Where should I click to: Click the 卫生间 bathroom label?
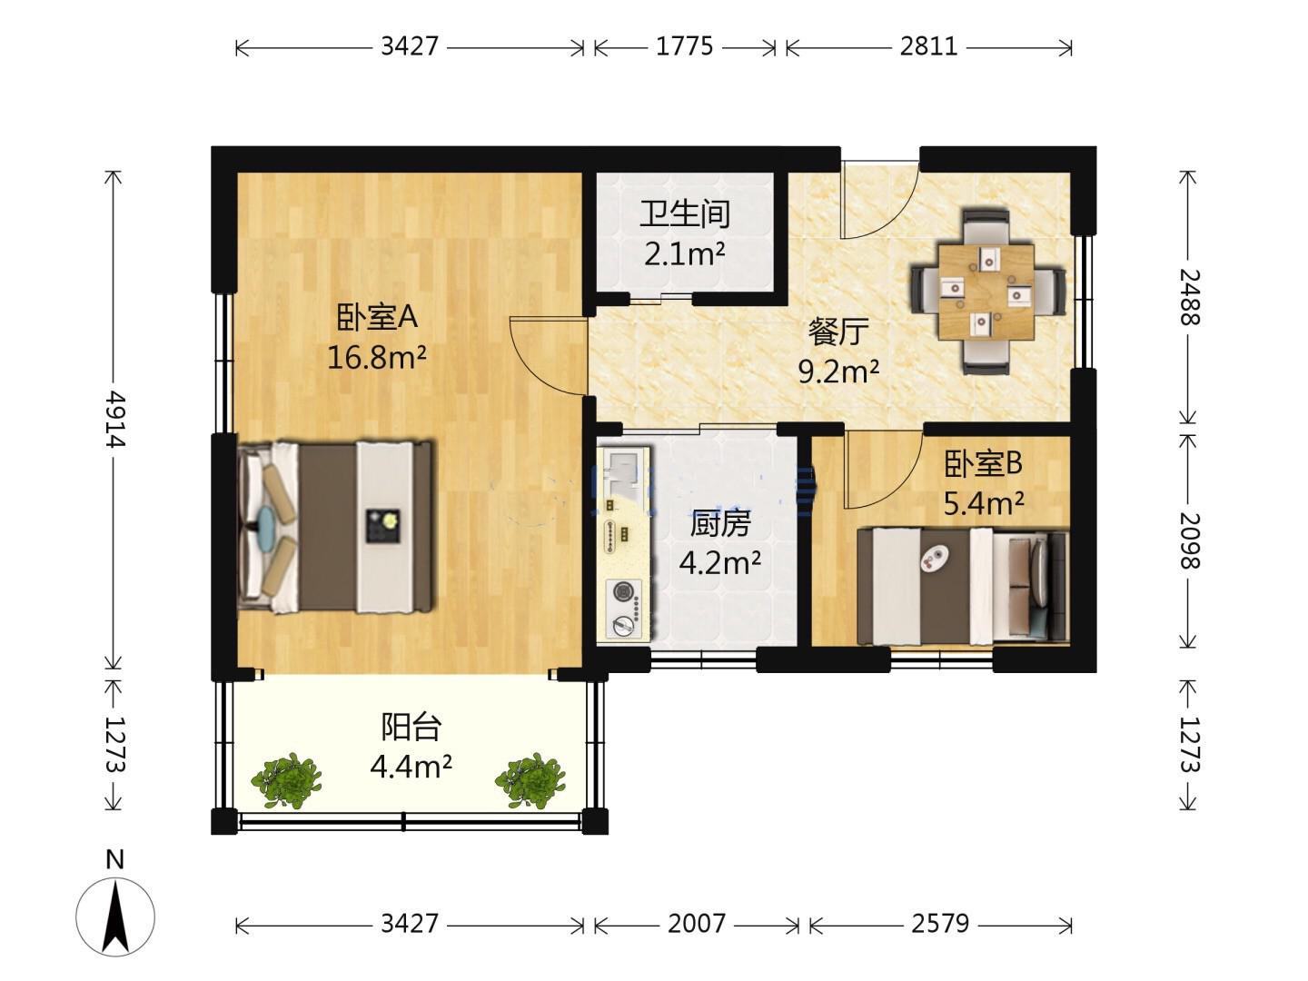point(685,213)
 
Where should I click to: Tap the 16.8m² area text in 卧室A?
point(377,357)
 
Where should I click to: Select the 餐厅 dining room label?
point(837,332)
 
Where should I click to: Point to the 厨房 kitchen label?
point(719,523)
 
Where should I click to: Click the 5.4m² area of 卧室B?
point(984,503)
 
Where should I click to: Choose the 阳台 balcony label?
point(411,727)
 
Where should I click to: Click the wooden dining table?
point(986,291)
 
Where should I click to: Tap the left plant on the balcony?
point(286,780)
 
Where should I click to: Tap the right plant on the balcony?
point(530,780)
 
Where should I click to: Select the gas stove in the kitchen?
point(624,609)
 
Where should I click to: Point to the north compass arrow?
point(115,917)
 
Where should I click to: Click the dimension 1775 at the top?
point(684,45)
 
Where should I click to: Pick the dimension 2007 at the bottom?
point(696,924)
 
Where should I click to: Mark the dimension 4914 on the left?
point(114,419)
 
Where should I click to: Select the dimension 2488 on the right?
point(1189,297)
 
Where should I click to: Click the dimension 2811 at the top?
point(928,45)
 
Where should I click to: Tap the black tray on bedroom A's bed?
point(382,525)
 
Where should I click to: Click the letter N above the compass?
point(114,860)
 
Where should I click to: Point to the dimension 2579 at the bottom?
point(940,924)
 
